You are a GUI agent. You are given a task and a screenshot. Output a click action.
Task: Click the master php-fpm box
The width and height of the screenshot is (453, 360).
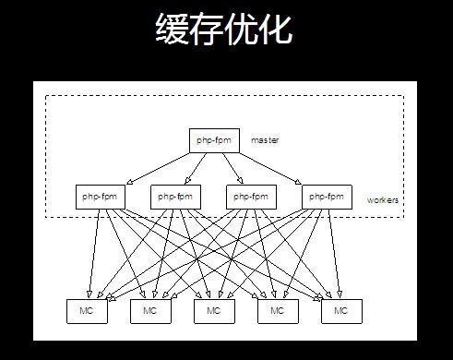point(218,139)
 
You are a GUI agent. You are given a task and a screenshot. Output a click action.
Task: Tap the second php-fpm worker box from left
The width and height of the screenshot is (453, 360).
point(175,196)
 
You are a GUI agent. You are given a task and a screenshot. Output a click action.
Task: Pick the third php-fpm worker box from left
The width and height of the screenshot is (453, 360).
point(251,196)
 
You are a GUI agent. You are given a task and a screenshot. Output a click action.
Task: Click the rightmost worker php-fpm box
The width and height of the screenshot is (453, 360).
point(327,196)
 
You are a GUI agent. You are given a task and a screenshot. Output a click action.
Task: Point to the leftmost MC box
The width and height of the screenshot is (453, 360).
point(87,311)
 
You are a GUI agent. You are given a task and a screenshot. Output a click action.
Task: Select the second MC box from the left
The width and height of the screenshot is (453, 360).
point(150,311)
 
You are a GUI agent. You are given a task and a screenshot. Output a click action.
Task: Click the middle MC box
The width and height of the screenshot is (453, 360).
point(214,311)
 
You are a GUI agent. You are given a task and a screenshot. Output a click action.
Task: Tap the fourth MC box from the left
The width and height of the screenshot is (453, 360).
point(278,311)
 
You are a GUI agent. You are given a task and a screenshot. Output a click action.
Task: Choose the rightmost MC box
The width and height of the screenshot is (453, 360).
point(341,311)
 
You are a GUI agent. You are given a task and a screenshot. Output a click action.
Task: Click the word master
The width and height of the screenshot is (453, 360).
point(265,139)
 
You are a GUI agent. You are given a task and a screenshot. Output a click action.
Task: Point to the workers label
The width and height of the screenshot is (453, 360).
point(384,199)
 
